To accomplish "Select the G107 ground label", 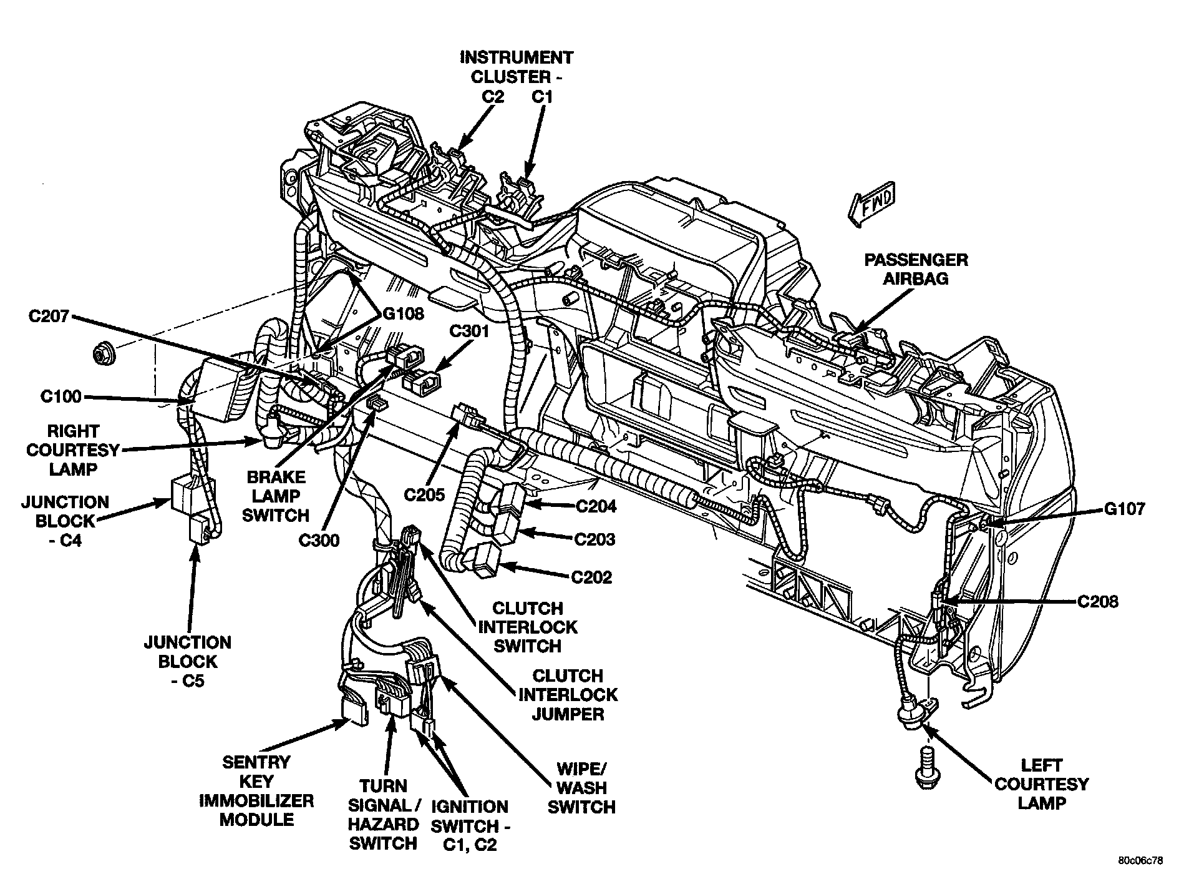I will (x=1124, y=509).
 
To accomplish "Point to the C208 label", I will (x=1097, y=602).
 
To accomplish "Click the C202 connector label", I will (x=592, y=577).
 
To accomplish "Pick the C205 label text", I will (x=424, y=495).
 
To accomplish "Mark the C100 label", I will (x=61, y=396).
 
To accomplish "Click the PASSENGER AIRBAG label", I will (x=915, y=269).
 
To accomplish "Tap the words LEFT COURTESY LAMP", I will (x=1041, y=783).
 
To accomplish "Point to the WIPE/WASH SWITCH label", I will (x=581, y=788).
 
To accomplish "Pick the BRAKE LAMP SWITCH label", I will (x=276, y=496).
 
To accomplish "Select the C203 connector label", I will (x=594, y=539).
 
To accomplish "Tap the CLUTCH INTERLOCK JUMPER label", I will (x=568, y=694).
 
